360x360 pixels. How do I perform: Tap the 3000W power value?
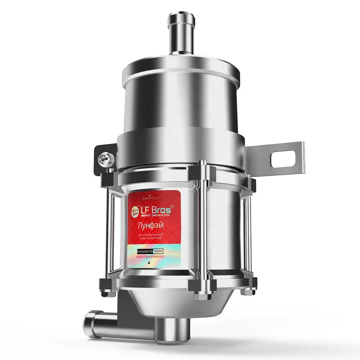pyautogui.click(x=158, y=251)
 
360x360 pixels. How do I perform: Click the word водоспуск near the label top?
pyautogui.click(x=150, y=198)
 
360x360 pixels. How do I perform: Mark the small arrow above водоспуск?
pyautogui.click(x=150, y=194)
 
